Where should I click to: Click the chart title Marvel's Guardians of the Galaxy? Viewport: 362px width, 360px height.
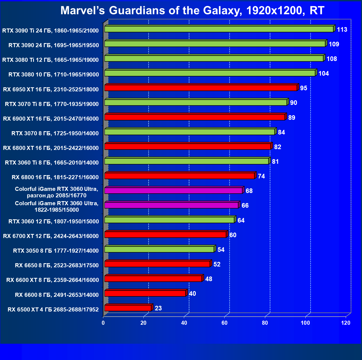click(192, 11)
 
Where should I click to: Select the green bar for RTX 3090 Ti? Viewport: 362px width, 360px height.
click(219, 29)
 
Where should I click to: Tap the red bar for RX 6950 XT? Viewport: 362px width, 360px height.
click(201, 88)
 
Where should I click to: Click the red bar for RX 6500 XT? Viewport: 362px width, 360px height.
click(128, 308)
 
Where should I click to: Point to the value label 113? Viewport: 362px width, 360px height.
click(342, 30)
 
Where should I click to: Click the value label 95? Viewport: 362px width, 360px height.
click(304, 88)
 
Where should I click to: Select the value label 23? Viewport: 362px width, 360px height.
click(158, 308)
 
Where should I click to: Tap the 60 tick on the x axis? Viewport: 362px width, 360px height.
click(225, 323)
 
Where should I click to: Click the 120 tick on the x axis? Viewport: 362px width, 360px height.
click(346, 323)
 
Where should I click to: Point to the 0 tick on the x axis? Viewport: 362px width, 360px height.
click(103, 323)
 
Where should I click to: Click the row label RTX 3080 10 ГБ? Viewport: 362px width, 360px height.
click(54, 75)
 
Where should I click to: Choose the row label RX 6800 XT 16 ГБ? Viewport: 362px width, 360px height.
click(51, 148)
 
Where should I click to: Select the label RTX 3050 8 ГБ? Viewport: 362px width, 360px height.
click(56, 251)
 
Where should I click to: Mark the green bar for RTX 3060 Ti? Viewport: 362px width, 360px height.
click(186, 161)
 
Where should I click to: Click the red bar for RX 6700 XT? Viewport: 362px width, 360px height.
click(165, 234)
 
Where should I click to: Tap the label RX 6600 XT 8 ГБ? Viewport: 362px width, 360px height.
click(53, 280)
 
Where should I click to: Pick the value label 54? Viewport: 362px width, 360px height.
click(221, 250)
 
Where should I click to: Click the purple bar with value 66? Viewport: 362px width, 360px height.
click(171, 205)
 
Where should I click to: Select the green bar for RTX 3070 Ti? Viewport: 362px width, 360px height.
click(196, 102)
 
